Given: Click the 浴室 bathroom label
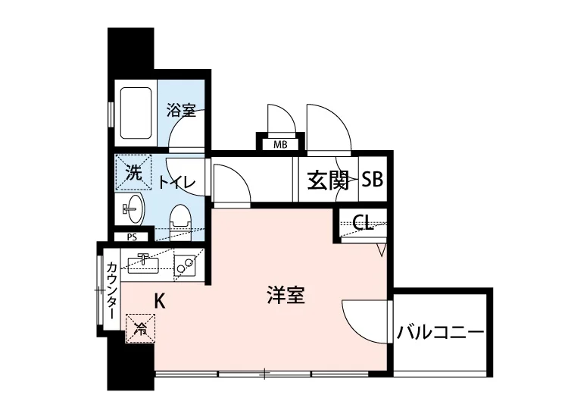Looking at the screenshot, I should pos(181,111).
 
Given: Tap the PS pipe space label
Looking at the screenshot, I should pos(132,237).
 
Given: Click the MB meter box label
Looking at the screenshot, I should pos(279,144).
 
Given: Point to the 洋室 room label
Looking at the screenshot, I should pos(286,295).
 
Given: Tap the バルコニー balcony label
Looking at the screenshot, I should pos(440,333).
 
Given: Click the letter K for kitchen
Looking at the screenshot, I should pos(160,300).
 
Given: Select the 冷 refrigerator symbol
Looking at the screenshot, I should pos(139,328).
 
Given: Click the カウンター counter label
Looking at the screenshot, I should pos(111,290).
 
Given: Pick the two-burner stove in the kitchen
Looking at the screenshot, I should pos(184,265).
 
